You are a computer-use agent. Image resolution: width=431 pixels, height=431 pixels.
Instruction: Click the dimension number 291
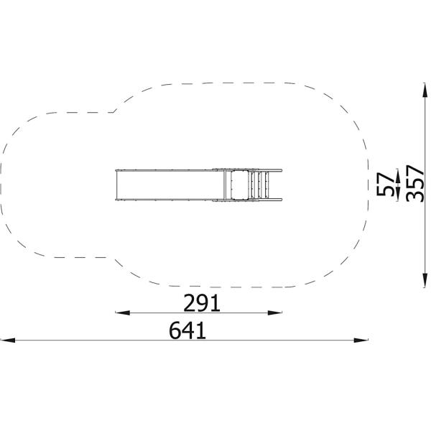point(202,303)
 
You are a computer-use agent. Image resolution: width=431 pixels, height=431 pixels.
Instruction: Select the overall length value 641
point(187,330)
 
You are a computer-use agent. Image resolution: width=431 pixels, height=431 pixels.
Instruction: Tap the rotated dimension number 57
point(385,184)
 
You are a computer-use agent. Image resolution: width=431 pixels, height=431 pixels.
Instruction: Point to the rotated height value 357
point(414,183)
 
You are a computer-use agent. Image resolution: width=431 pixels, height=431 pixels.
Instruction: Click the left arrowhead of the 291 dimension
point(123,312)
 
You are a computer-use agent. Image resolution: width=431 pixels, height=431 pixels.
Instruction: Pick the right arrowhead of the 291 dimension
point(275,312)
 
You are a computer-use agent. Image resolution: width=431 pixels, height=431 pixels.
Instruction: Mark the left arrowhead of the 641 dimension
point(8,340)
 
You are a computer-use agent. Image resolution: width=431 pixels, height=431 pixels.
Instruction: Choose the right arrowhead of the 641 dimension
point(361,340)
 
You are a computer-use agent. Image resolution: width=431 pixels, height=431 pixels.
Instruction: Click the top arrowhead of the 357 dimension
point(425,90)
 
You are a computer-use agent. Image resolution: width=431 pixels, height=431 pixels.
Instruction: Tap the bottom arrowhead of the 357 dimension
point(425,280)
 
